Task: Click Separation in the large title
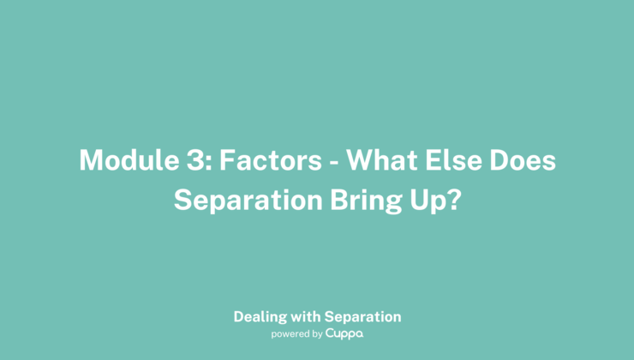click(x=245, y=201)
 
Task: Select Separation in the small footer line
click(x=363, y=316)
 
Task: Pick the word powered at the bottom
click(x=290, y=334)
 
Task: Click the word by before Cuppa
click(x=316, y=334)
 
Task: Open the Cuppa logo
click(x=344, y=334)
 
